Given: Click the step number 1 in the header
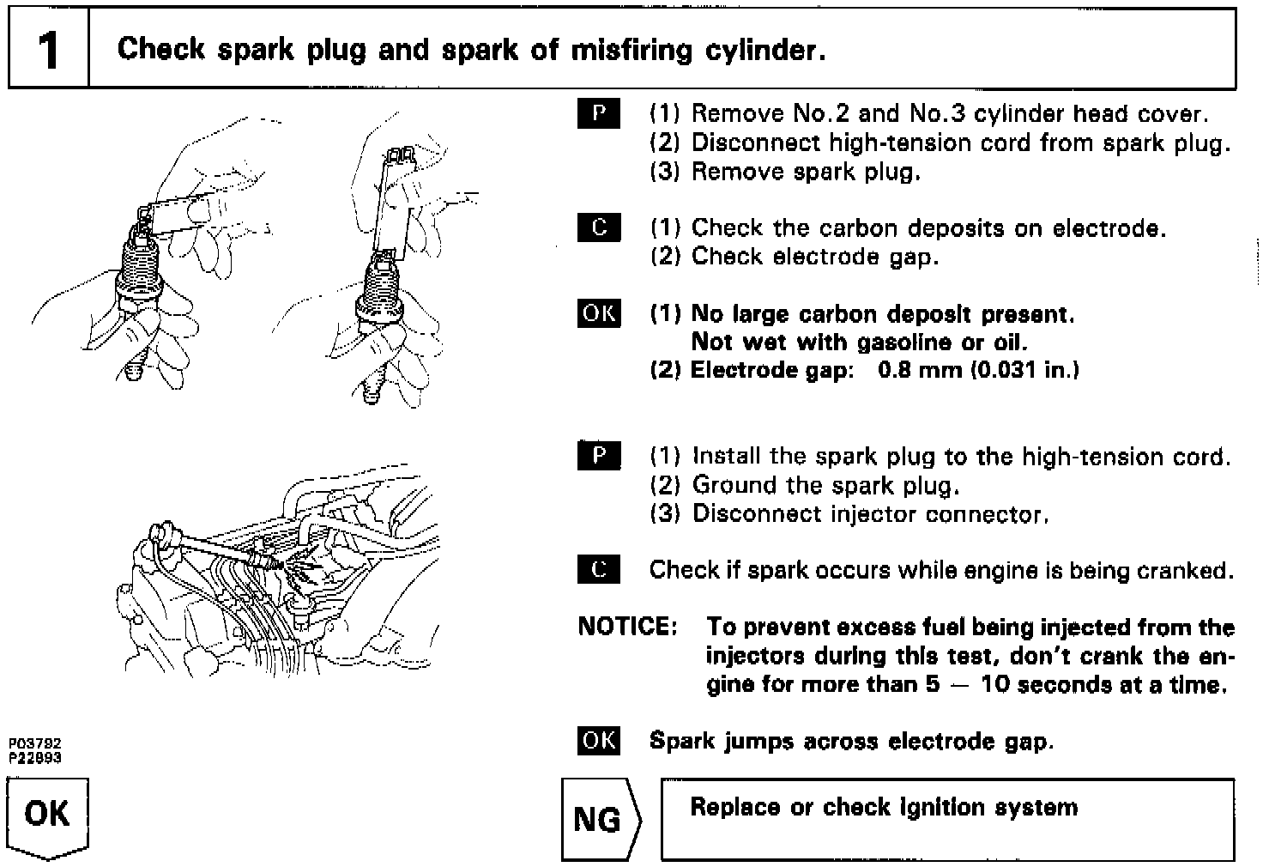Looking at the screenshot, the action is tap(48, 50).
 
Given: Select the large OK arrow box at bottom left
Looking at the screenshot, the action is tap(47, 815).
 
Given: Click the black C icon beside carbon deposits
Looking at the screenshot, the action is tap(599, 228).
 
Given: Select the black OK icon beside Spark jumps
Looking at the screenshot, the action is tap(599, 741).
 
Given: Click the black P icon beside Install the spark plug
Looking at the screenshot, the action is tap(599, 456).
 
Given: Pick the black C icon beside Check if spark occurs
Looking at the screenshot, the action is tap(599, 570).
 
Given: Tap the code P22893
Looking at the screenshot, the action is tap(35, 758).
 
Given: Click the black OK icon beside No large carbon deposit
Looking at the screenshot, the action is tap(599, 314).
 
